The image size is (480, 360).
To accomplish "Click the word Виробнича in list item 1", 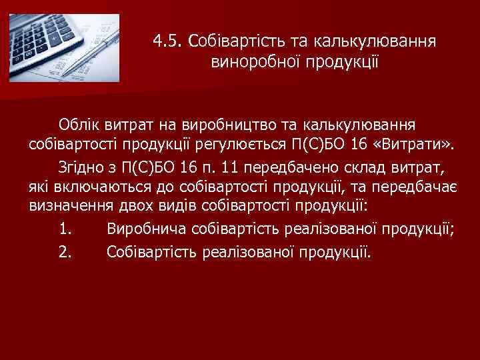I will [x=146, y=231].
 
